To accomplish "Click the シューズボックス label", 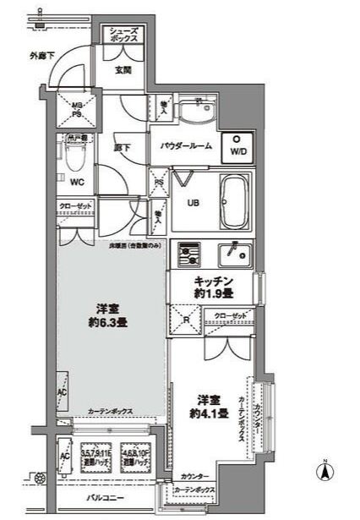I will (x=127, y=35).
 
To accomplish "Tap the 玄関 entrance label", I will (x=123, y=71).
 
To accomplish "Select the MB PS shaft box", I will (x=75, y=111).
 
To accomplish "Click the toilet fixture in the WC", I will (x=73, y=156).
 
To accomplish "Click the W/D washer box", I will (x=237, y=147).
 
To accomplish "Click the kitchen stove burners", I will (x=188, y=253).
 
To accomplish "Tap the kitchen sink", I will (x=232, y=254).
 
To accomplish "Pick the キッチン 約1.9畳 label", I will (x=213, y=287).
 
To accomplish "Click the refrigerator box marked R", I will (x=186, y=320).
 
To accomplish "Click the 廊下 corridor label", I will (x=122, y=147).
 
